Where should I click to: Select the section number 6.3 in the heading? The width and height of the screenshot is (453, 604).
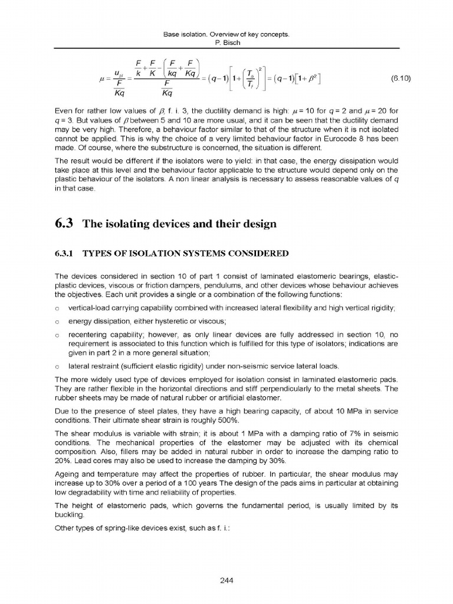pos(63,224)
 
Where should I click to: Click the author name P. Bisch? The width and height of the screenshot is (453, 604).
pos(226,43)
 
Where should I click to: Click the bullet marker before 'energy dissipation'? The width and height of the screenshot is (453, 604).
pos(57,321)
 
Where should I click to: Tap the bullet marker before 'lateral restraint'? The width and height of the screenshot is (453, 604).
pos(57,366)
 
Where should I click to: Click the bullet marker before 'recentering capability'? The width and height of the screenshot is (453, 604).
pos(57,334)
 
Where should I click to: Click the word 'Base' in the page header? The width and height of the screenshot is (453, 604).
pos(169,35)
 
